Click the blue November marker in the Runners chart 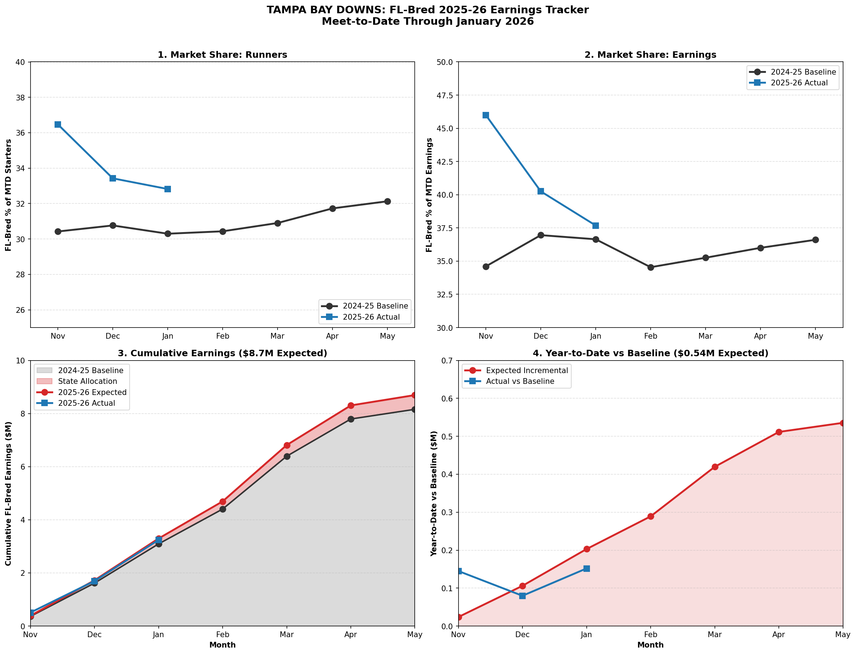click(58, 124)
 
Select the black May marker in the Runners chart click(387, 201)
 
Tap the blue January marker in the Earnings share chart click(595, 226)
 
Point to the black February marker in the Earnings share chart click(650, 267)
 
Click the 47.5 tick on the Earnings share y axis click(445, 95)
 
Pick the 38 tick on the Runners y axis click(20, 98)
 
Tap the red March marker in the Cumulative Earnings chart click(287, 445)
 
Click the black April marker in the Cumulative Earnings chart click(351, 419)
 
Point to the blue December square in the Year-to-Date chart click(522, 596)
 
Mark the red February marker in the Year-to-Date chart click(650, 517)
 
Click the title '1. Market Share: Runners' click(222, 55)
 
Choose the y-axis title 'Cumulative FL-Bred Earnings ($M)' click(8, 494)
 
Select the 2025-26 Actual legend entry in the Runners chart click(371, 317)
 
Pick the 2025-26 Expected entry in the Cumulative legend click(92, 392)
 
